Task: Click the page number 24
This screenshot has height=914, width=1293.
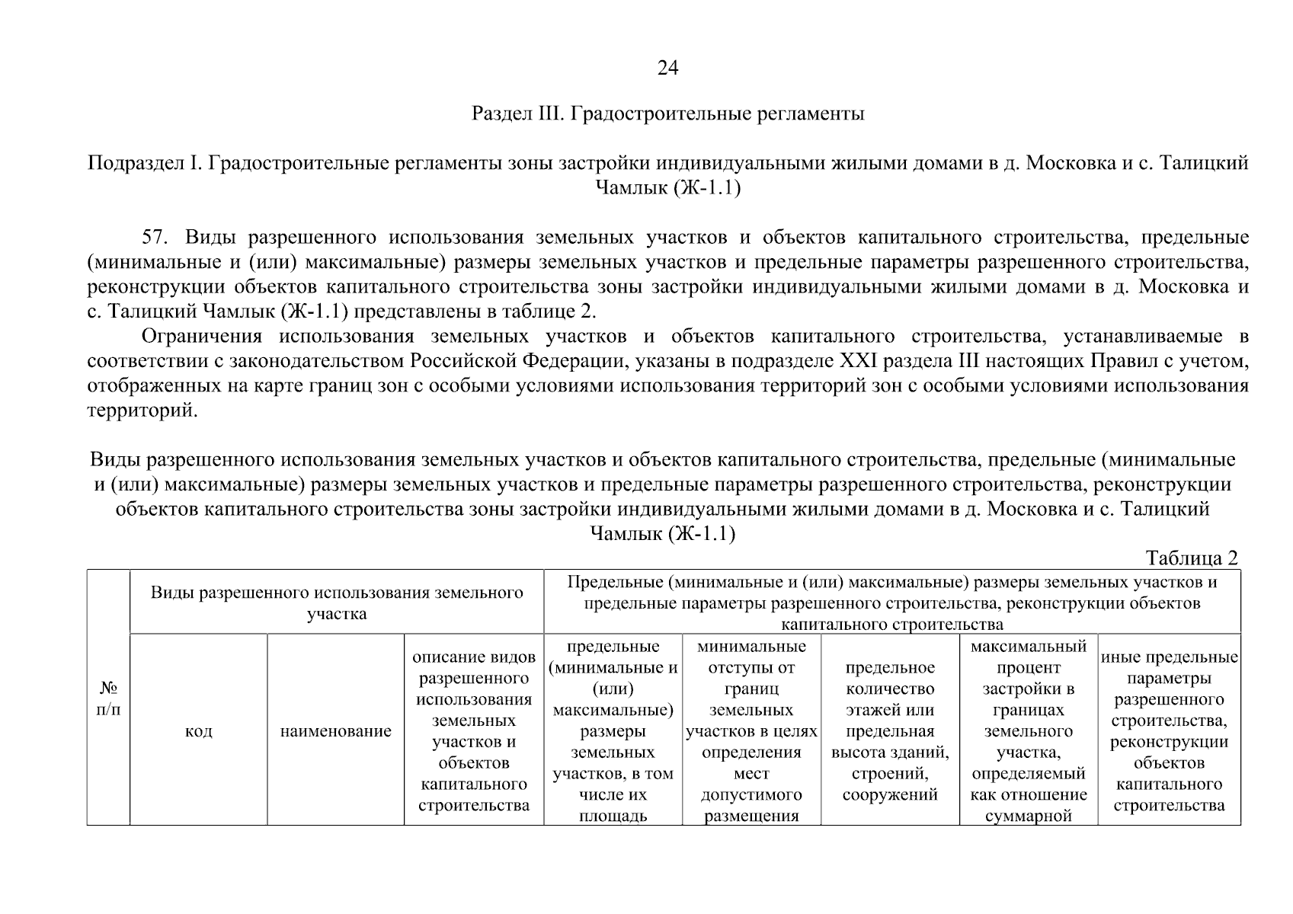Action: pyautogui.click(x=667, y=69)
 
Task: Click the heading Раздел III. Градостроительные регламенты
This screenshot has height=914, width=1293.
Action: pyautogui.click(x=668, y=115)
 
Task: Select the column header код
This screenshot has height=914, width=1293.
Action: pyautogui.click(x=199, y=731)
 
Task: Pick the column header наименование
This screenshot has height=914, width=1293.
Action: pyautogui.click(x=336, y=731)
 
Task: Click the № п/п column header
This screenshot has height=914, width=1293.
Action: pyautogui.click(x=108, y=698)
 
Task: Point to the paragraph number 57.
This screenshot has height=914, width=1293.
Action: pyautogui.click(x=154, y=237)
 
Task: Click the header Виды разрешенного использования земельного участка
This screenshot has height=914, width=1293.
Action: pyautogui.click(x=337, y=602)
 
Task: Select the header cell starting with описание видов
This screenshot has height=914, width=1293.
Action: pyautogui.click(x=474, y=730)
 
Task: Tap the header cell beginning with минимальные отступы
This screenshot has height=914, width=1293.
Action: pyautogui.click(x=751, y=730)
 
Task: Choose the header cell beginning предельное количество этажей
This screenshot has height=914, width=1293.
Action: pyautogui.click(x=890, y=730)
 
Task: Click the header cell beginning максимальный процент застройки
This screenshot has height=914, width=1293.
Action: pyautogui.click(x=1029, y=730)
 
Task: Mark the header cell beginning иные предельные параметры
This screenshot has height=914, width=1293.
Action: pyautogui.click(x=1169, y=730)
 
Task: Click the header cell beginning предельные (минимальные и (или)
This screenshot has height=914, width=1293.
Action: pyautogui.click(x=613, y=730)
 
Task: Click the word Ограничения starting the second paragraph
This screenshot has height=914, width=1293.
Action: pyautogui.click(x=203, y=337)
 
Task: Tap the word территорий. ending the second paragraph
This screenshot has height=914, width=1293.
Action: pyautogui.click(x=142, y=411)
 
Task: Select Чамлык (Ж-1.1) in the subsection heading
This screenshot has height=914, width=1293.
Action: pyautogui.click(x=667, y=188)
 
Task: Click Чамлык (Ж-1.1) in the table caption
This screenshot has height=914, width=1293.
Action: pyautogui.click(x=663, y=533)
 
